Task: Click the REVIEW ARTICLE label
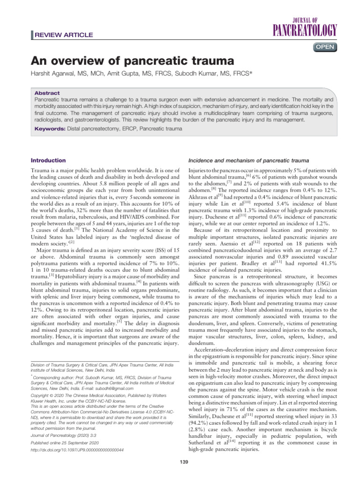click(x=64, y=35)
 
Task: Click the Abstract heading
click(x=47, y=93)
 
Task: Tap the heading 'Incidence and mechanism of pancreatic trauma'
click(x=248, y=160)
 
